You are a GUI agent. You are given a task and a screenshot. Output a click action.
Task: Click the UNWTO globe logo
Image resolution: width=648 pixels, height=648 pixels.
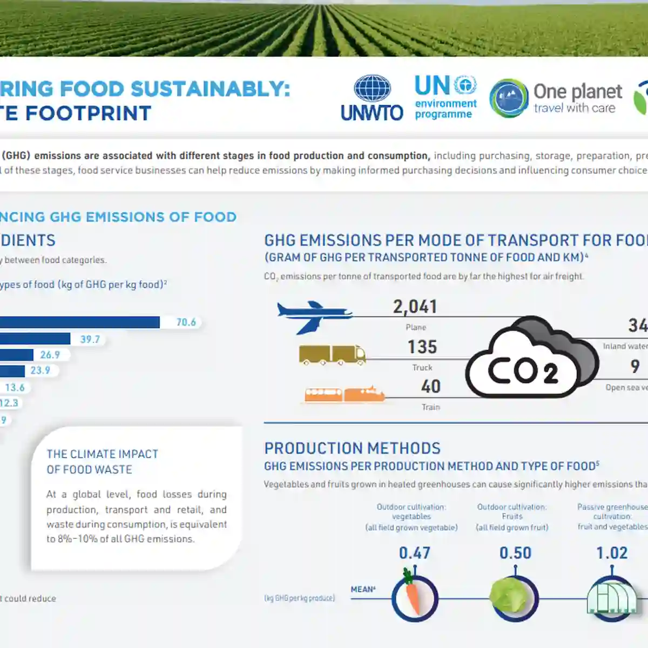coord(372,89)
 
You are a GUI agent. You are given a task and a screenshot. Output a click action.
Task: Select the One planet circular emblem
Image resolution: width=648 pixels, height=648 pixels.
coord(508,98)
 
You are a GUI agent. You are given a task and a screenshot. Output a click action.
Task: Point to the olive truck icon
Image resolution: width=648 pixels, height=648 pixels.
coord(332,355)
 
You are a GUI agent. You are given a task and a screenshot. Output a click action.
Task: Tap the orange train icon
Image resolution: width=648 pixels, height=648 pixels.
coord(345,395)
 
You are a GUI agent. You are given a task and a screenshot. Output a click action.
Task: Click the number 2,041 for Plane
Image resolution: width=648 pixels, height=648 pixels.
coord(415,307)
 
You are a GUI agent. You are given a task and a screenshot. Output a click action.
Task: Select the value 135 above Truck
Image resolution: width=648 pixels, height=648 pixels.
coord(422,347)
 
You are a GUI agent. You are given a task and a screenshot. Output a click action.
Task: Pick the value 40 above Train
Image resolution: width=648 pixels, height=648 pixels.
coord(431,387)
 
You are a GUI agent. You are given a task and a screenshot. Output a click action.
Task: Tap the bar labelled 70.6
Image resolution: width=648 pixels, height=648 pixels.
coord(79,322)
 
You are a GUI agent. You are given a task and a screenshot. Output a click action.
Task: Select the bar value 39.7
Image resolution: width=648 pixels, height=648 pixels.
coord(90,340)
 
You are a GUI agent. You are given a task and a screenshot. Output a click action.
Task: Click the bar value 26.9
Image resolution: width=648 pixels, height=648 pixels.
coord(50,355)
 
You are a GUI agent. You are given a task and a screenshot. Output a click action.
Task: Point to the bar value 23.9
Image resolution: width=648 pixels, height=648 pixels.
coord(40,370)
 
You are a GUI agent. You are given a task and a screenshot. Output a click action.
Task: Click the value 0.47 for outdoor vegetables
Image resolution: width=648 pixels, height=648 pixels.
coord(414,553)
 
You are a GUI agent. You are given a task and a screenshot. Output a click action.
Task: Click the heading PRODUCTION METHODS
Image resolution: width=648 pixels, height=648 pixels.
coord(352,448)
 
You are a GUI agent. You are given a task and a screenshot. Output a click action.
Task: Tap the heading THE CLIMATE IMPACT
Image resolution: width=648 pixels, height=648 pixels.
coord(102,454)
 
